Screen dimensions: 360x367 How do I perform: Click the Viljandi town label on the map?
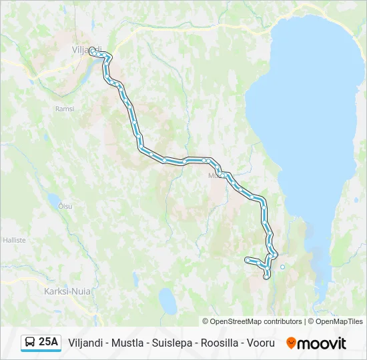(x=86, y=49)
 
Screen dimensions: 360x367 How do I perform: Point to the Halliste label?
(x=14, y=239)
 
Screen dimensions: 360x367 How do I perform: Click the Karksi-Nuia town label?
(x=67, y=291)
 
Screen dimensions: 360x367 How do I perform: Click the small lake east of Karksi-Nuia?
(x=167, y=304)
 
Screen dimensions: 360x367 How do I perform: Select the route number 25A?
(x=49, y=343)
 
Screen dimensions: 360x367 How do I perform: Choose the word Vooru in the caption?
(x=261, y=343)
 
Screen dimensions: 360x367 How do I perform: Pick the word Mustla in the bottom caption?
(x=123, y=343)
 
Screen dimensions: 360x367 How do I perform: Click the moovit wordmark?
(x=322, y=343)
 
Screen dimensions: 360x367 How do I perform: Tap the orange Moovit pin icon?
(x=291, y=343)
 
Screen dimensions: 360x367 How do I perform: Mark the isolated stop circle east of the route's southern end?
(x=282, y=267)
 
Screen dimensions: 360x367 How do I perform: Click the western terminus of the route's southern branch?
(x=248, y=259)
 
